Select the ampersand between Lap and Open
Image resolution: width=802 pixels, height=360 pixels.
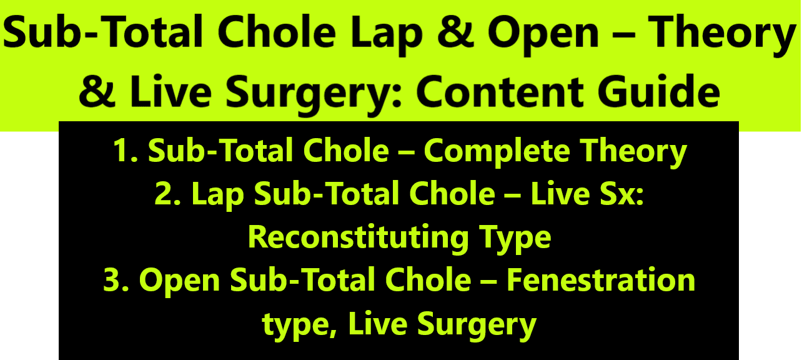click(x=455, y=32)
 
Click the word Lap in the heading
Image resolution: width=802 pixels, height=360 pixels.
click(x=387, y=35)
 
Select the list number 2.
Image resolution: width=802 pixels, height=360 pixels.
click(x=167, y=194)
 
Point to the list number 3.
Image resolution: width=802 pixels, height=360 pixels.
click(x=116, y=280)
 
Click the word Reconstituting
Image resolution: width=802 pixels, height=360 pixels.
click(x=359, y=239)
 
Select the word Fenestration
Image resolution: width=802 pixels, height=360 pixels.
click(x=601, y=280)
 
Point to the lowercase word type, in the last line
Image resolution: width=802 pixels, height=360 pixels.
click(x=300, y=325)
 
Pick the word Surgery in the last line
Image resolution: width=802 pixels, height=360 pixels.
click(x=477, y=325)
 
